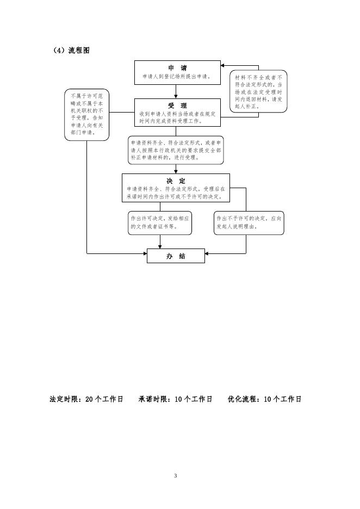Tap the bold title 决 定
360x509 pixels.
coord(176,181)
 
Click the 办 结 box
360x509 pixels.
coord(176,256)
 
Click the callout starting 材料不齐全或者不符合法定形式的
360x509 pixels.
coord(258,91)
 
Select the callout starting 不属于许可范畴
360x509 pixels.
coord(87,114)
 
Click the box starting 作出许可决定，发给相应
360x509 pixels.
coord(160,222)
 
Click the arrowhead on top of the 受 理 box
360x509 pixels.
coord(176,96)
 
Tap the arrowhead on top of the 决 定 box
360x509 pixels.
coord(176,171)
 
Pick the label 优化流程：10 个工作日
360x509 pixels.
coord(264,399)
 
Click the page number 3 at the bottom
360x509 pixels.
coord(175,476)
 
